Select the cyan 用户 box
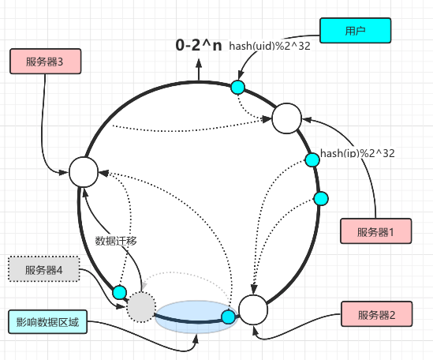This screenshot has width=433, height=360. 356,31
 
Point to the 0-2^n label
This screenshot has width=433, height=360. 199,46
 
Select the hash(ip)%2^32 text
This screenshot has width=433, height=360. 357,152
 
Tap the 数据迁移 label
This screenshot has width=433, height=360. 116,241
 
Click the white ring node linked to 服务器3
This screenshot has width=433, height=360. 83,171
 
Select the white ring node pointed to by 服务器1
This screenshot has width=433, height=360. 286,119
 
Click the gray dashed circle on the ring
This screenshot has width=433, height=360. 141,306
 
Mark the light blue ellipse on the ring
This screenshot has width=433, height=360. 195,316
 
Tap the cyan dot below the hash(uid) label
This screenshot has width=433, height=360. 237,86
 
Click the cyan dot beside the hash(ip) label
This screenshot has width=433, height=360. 312,159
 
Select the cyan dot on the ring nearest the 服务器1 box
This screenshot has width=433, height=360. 320,198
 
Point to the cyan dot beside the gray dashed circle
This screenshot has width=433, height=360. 119,292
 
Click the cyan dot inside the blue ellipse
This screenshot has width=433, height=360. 228,317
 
